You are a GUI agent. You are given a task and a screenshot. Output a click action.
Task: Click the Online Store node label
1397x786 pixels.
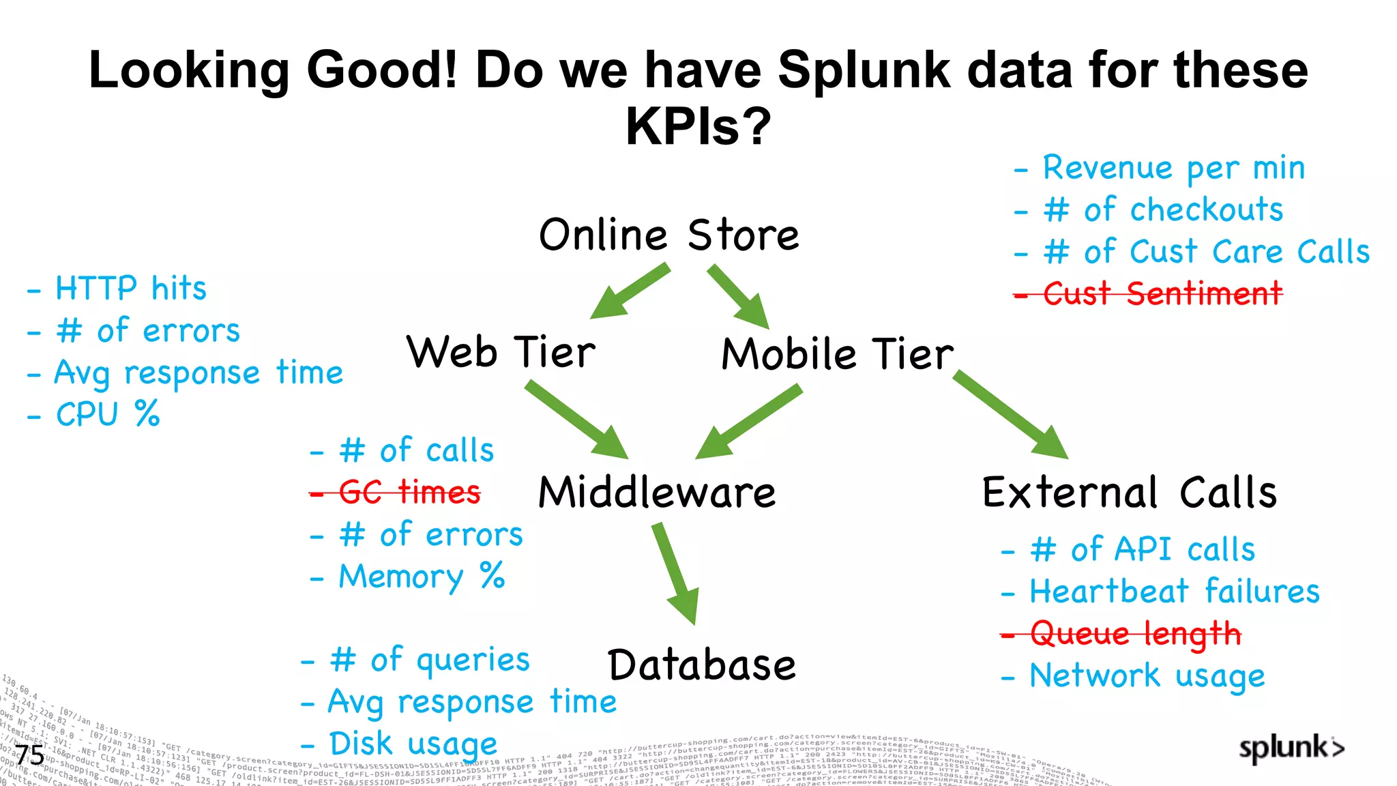[x=668, y=235]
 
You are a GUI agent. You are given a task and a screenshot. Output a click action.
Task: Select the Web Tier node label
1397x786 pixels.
[x=501, y=353]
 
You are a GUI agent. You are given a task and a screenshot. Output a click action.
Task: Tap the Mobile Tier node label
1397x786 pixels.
[x=838, y=354]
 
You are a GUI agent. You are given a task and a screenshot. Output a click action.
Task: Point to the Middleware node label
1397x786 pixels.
[x=657, y=492]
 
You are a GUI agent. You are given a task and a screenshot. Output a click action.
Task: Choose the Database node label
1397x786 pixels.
[x=702, y=665]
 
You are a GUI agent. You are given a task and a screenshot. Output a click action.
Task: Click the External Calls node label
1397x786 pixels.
[x=1130, y=493]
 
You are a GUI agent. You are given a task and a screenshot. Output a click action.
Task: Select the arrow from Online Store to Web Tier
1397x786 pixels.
[x=629, y=292]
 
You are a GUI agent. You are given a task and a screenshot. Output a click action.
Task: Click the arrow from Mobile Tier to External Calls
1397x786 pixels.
[x=1011, y=414]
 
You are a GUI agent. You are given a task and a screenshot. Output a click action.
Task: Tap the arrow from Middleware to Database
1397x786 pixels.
[x=675, y=573]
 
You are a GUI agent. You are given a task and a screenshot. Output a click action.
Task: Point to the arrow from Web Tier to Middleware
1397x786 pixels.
[x=576, y=420]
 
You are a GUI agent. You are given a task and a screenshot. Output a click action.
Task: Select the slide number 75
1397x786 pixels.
[x=30, y=755]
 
